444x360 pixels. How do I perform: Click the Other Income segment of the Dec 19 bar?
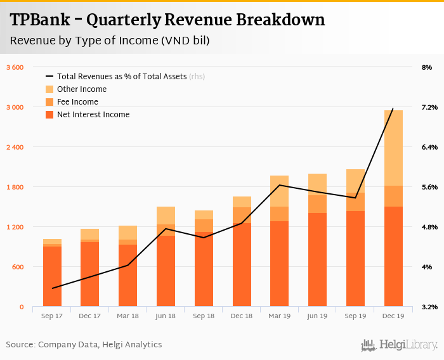[x=393, y=148]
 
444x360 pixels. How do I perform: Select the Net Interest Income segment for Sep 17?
[x=52, y=276]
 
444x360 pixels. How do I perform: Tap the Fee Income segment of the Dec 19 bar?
[x=393, y=196]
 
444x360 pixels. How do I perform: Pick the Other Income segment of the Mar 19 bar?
[x=279, y=191]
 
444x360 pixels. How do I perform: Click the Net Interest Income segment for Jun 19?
[x=317, y=260]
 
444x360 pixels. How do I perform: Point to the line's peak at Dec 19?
[x=393, y=108]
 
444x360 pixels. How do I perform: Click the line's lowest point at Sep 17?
[x=52, y=288]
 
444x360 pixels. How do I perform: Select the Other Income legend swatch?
[x=49, y=89]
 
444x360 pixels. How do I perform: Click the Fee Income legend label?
[x=77, y=102]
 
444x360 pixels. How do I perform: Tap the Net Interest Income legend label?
[x=93, y=115]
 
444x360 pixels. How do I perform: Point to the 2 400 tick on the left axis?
[x=14, y=147]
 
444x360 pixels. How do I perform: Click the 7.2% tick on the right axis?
[x=429, y=107]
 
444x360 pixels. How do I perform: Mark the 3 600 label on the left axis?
[x=14, y=67]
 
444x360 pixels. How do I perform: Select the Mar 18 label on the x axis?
[x=127, y=316]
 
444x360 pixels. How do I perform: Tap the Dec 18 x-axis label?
[x=241, y=316]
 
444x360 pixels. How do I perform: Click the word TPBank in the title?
[x=42, y=20]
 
